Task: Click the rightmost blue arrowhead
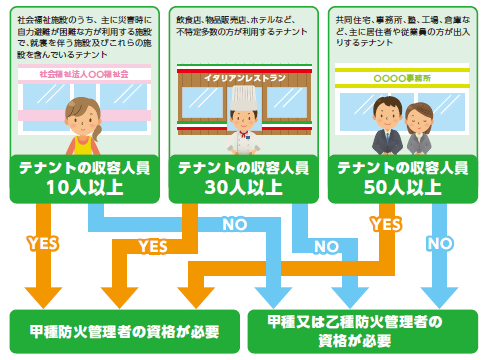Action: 439,296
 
